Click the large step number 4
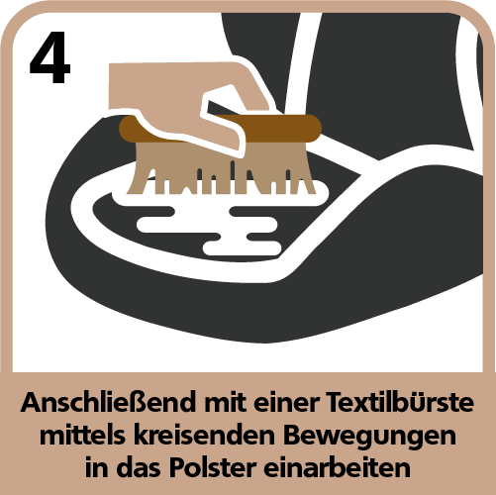click(50, 57)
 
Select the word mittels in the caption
click(82, 436)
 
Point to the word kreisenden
click(204, 436)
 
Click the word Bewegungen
click(370, 438)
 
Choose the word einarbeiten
click(337, 467)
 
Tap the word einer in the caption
click(287, 403)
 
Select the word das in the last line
click(139, 467)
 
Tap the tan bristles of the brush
click(221, 168)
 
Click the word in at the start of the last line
click(96, 467)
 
